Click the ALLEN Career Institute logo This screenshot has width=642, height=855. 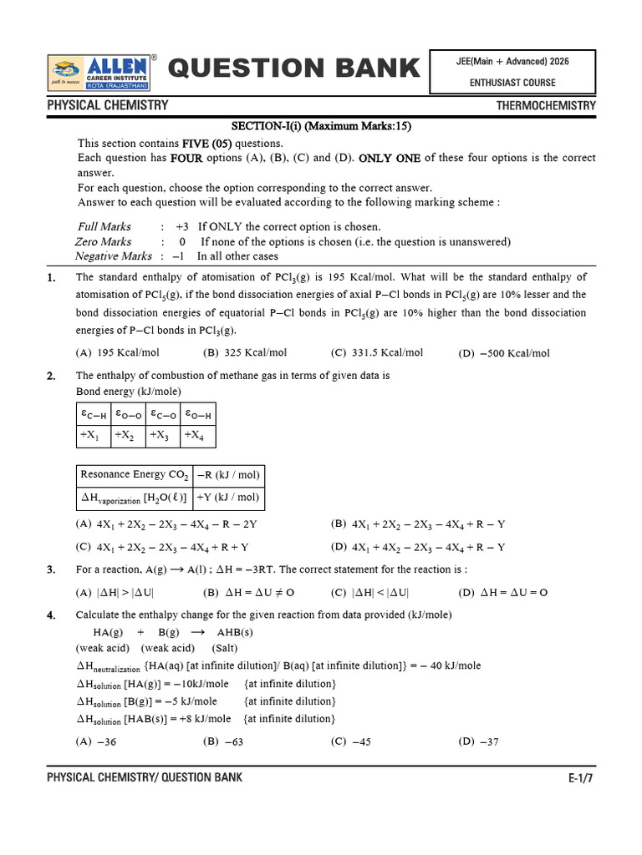point(100,71)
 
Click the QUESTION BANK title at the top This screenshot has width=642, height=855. point(293,68)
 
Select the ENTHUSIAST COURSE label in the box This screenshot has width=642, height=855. point(512,83)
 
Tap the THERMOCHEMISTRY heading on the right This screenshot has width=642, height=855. point(546,106)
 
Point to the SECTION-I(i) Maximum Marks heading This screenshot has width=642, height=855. point(321,126)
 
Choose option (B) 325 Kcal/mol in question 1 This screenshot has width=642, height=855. point(245,352)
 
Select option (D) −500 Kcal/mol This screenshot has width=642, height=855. point(504,353)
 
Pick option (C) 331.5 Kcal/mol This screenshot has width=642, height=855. point(377,352)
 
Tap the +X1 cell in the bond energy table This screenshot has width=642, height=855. point(90,434)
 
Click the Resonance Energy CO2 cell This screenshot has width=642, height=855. point(134,475)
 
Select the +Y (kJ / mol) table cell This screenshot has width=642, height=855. point(228,498)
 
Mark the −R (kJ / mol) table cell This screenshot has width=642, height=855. point(228,475)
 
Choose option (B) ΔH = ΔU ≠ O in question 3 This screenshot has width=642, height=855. point(249,592)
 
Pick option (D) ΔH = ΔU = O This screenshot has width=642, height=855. point(503,592)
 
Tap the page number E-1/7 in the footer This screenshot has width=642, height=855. point(581,778)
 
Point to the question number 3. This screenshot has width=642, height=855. point(51,569)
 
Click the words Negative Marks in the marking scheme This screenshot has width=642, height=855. point(114,256)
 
